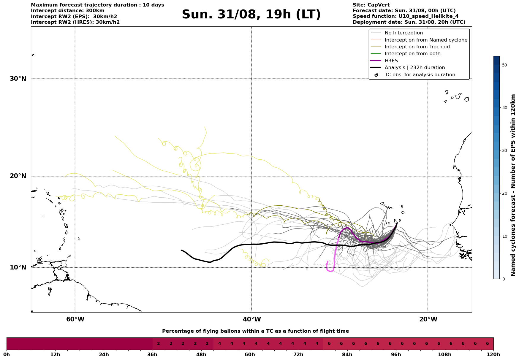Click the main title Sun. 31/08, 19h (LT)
(x=251, y=15)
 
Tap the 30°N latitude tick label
(x=18, y=79)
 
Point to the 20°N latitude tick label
(x=18, y=176)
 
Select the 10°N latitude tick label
(x=18, y=267)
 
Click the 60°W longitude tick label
(x=75, y=319)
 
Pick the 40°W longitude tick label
(x=252, y=319)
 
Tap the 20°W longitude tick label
(x=428, y=319)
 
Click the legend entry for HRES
(x=391, y=61)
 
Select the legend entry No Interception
(x=404, y=33)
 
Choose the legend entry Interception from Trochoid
(x=417, y=47)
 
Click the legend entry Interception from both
(x=412, y=54)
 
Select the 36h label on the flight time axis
(x=153, y=354)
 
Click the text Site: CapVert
(x=371, y=5)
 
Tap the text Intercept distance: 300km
(x=67, y=11)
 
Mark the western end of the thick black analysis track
(x=181, y=250)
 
